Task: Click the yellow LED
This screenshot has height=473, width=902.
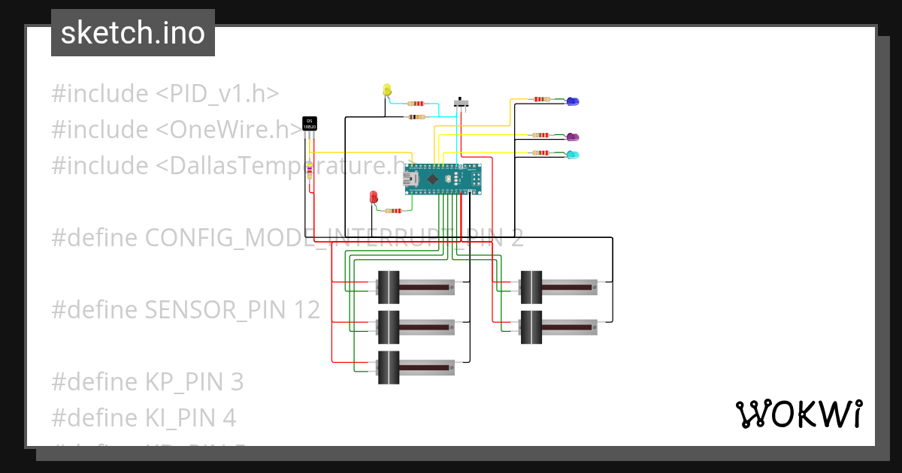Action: [387, 90]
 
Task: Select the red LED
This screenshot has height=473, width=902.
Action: [374, 197]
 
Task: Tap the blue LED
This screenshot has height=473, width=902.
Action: [572, 101]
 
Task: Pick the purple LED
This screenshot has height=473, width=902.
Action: [572, 137]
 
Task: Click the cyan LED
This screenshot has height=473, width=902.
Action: [572, 155]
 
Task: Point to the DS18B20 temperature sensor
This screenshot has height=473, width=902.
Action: [309, 124]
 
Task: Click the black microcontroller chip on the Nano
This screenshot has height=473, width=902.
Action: [434, 179]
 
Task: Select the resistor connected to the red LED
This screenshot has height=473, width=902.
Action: [393, 211]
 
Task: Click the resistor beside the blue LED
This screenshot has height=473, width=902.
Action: [540, 99]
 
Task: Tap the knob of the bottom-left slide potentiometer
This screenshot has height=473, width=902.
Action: [388, 368]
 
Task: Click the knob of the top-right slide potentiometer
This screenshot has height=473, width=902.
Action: [531, 286]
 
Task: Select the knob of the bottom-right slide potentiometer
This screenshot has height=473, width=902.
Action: [531, 327]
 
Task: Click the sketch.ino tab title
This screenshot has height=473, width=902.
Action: [133, 33]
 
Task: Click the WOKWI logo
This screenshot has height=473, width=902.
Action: [798, 414]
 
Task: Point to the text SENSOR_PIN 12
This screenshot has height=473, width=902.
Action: [232, 310]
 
